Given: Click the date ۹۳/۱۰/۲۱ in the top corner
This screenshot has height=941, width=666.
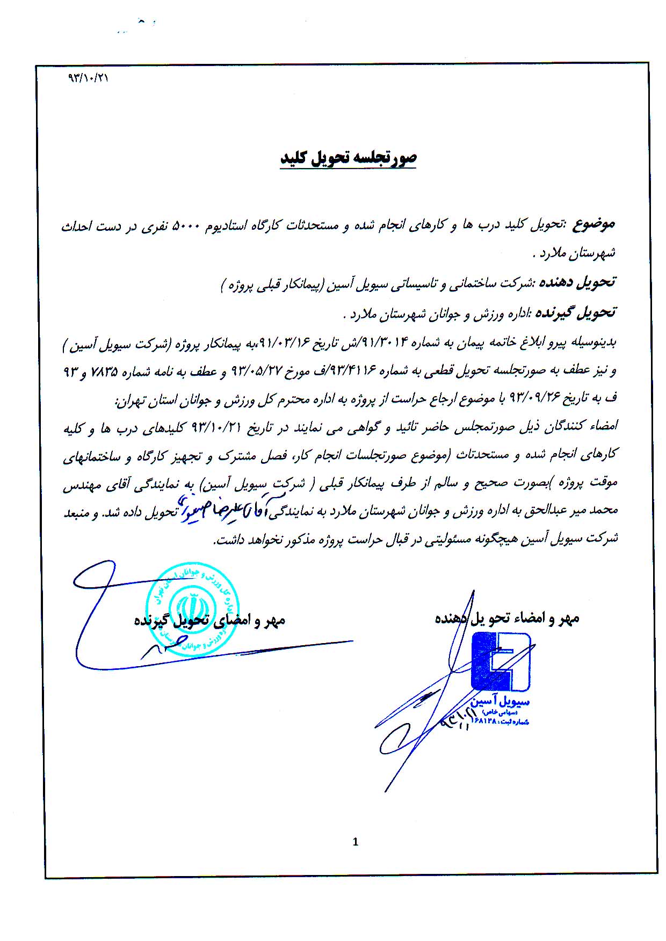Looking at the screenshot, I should [88, 77].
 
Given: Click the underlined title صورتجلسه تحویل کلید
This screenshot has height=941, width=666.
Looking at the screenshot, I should [348, 157].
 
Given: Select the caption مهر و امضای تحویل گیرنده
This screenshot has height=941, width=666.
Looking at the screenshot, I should [209, 621].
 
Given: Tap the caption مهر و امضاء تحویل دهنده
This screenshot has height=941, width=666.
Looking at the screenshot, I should [507, 618].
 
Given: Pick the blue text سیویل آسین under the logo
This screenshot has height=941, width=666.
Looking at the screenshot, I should [500, 703].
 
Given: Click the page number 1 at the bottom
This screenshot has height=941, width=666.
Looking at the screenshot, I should [355, 842].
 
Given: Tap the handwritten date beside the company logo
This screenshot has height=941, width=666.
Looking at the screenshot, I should [457, 719].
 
